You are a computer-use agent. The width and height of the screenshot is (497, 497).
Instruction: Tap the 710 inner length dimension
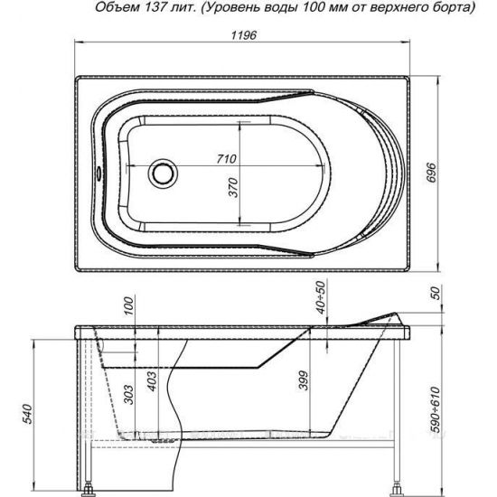227,159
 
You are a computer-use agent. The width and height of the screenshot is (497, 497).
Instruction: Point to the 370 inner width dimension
233,191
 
